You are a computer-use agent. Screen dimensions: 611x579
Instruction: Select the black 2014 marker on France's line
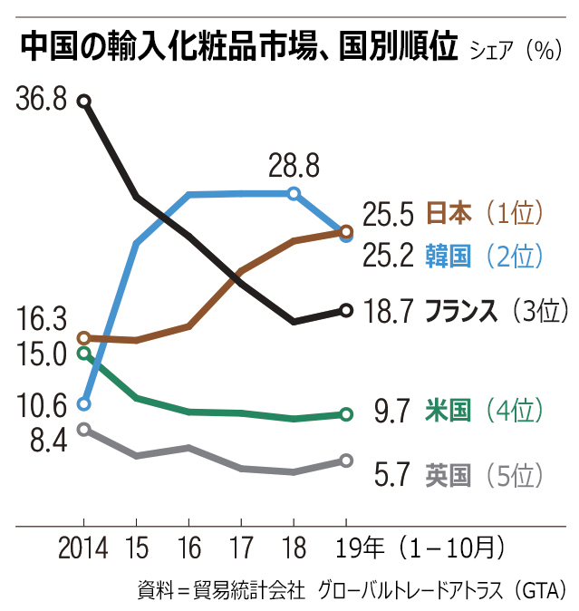[84, 102]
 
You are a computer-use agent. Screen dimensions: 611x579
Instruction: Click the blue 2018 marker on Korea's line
[294, 193]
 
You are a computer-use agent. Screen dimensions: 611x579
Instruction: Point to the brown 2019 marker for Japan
[346, 232]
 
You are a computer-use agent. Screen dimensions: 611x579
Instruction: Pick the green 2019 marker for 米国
[346, 414]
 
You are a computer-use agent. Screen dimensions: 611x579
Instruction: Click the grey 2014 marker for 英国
[84, 429]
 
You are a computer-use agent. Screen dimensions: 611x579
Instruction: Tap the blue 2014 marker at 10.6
[84, 403]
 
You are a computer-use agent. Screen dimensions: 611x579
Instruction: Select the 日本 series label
[449, 215]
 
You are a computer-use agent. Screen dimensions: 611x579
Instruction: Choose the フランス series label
[462, 311]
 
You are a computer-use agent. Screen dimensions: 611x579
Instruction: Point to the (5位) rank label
[513, 474]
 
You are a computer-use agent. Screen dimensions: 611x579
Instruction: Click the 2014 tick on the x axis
[83, 548]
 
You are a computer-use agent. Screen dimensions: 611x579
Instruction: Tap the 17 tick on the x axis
[241, 548]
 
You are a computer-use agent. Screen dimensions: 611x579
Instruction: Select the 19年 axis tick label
[359, 548]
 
